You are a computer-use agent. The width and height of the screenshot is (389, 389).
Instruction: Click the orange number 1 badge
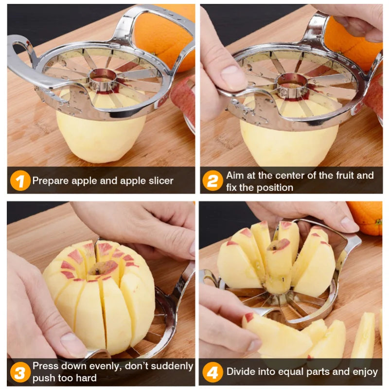[19, 181]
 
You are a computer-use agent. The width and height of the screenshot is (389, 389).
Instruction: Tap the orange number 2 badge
[212, 181]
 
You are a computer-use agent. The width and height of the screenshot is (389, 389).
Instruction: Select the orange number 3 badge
[19, 372]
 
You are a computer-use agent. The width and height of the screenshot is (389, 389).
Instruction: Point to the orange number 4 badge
[212, 372]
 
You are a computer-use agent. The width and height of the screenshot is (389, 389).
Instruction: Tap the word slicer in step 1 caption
[159, 181]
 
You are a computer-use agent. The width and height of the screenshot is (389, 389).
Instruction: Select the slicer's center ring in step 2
[291, 86]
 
